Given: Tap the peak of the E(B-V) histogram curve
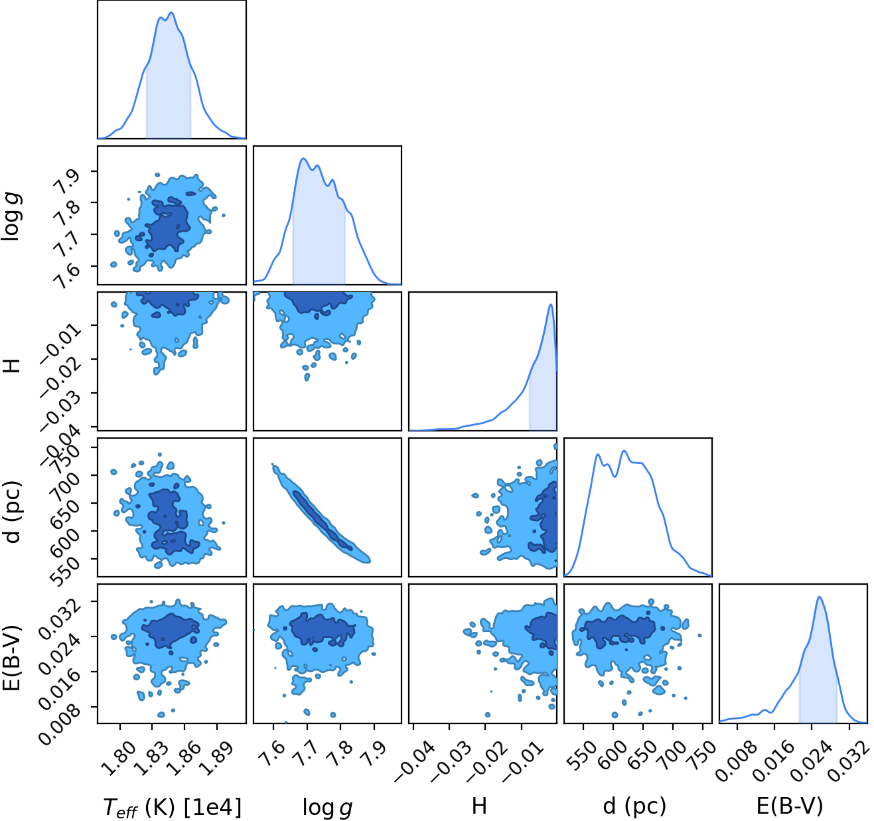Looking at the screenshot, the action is coord(819,597).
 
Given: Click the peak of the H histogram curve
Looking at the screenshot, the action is coord(551,305).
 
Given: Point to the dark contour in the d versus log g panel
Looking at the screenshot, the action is coord(322,520).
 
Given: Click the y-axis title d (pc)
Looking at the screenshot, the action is coord(12,512).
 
